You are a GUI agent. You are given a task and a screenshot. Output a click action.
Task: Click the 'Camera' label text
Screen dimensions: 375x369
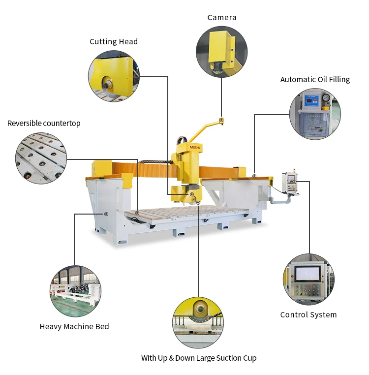tap(221, 18)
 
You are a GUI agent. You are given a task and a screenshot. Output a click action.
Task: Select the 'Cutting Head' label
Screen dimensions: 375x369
tap(113, 42)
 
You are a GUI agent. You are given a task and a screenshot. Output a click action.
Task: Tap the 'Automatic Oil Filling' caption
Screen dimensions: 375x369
tap(315, 79)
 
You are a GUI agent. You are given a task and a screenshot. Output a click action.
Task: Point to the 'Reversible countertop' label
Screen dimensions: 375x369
tap(44, 123)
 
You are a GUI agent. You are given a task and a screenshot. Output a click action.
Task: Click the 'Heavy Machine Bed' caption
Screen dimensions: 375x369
tap(74, 326)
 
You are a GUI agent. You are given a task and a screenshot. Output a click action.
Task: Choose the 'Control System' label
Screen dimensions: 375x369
tap(308, 314)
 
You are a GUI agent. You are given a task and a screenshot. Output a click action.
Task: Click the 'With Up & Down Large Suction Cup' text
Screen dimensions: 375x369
tap(199, 358)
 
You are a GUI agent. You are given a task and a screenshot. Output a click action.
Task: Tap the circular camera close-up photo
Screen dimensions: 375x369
tap(221, 52)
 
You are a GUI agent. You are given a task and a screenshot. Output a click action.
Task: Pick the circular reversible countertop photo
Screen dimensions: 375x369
tap(41, 158)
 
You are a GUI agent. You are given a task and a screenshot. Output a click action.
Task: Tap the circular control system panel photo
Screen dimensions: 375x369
tap(308, 280)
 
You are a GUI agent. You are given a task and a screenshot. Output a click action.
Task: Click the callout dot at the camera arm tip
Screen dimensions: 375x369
tap(221, 120)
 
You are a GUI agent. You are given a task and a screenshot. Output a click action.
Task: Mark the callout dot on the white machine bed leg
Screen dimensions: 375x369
tap(106, 214)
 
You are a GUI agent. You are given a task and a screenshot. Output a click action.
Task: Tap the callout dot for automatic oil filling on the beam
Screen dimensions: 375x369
tap(254, 176)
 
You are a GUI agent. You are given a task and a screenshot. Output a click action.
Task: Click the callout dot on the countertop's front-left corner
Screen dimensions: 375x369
tap(137, 213)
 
